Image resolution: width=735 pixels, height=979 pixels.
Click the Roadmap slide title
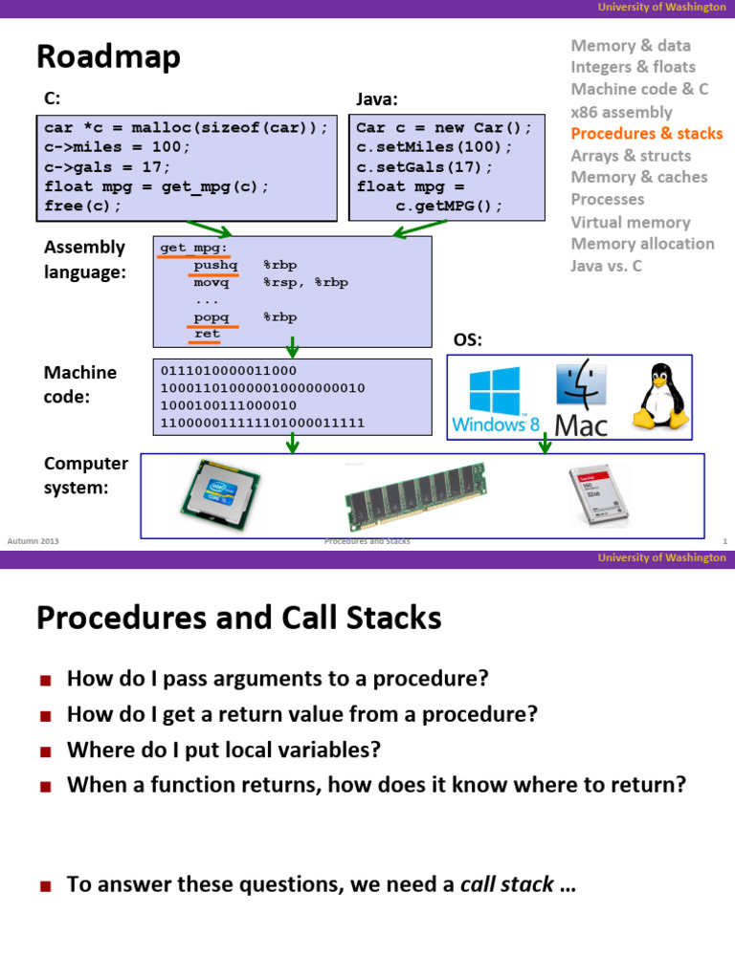point(108,57)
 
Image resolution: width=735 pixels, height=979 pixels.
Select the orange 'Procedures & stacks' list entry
point(646,133)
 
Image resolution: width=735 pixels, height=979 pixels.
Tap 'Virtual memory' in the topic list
point(630,222)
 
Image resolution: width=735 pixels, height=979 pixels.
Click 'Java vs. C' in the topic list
point(606,266)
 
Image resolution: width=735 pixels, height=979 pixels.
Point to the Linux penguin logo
point(659,395)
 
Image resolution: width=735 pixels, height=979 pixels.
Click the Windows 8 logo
point(495,400)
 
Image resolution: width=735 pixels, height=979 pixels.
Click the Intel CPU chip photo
point(220,496)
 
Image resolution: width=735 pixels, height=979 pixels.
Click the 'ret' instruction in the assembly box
point(206,334)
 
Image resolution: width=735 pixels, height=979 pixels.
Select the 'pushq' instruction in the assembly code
point(215,265)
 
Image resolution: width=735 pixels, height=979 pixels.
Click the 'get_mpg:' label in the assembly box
point(187,248)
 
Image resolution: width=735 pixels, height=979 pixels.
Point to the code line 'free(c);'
point(83,206)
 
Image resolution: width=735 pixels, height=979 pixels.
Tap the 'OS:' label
point(467,341)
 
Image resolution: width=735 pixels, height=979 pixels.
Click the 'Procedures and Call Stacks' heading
point(238,619)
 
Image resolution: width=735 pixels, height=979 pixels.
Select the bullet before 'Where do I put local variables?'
point(44,751)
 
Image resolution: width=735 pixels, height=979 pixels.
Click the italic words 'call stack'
point(506,884)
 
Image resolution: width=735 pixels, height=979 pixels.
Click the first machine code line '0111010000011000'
point(229,370)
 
